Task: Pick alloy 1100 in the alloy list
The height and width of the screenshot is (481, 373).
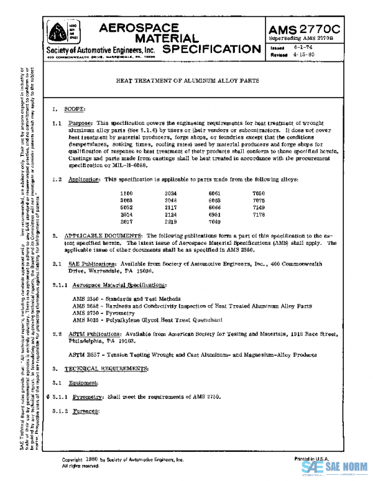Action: pyautogui.click(x=127, y=194)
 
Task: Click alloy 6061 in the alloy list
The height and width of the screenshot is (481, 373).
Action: pyautogui.click(x=214, y=194)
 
